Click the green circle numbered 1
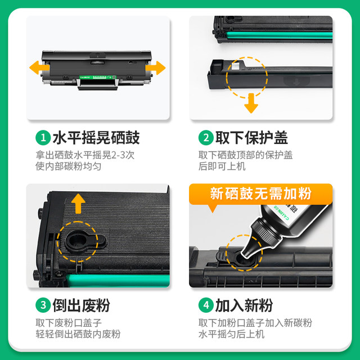[x=42, y=137]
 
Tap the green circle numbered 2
[x=205, y=137]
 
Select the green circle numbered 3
[x=42, y=305]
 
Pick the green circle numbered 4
[x=205, y=305]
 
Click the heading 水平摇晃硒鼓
[x=96, y=137]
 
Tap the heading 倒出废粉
[x=81, y=305]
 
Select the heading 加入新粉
[x=244, y=305]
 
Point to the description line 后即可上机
[x=222, y=166]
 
